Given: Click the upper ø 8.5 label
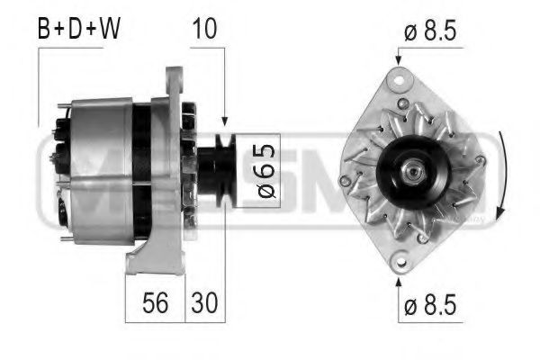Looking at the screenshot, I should tap(430, 33).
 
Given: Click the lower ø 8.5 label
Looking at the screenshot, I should tap(430, 305).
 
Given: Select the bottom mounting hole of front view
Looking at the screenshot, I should tap(397, 261).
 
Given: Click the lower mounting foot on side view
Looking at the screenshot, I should tap(144, 261).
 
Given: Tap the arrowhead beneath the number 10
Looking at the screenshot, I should tap(222, 118).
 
